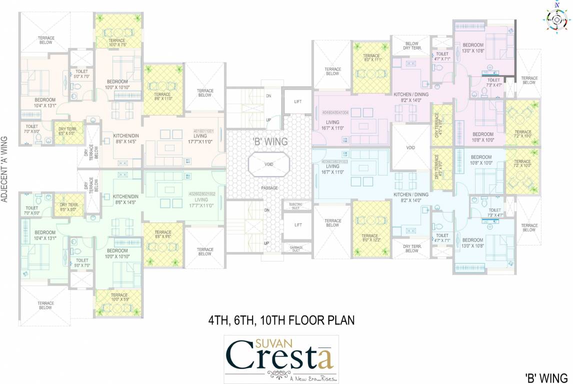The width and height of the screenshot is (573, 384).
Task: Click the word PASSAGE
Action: click(269, 187)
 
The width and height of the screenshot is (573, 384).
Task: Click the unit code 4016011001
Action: click(203, 131)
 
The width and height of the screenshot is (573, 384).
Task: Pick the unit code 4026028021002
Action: click(202, 193)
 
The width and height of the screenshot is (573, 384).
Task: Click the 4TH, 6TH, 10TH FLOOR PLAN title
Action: click(281, 320)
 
